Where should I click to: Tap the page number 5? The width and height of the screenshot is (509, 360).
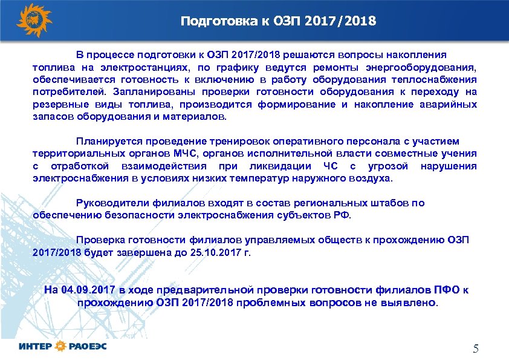475,349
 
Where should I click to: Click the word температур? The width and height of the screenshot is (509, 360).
256,178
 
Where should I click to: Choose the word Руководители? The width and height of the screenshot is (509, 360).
108,203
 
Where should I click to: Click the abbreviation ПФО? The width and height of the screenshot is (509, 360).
449,289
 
